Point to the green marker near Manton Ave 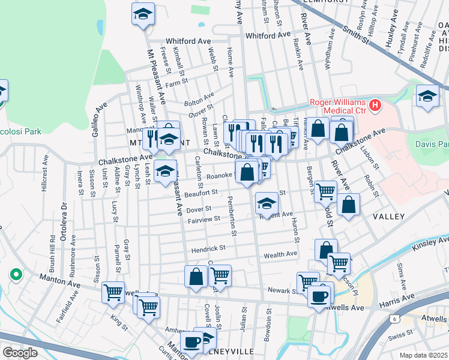[x=16, y=275]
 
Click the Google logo [x=20, y=352]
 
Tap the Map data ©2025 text [x=423, y=355]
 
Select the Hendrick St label [x=208, y=248]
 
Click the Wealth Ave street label [x=280, y=254]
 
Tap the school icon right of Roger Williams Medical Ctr [x=427, y=96]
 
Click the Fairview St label [x=204, y=220]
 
